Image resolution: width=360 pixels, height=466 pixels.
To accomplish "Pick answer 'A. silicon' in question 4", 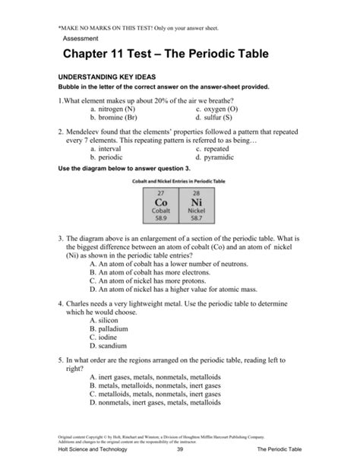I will [x=106, y=321].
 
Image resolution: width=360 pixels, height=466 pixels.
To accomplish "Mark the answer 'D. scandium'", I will [x=111, y=348].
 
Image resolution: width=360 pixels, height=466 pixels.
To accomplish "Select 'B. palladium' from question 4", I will [x=111, y=330].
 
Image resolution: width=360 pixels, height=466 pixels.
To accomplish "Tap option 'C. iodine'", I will [x=106, y=339].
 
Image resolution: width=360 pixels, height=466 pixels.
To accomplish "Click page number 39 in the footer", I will [x=180, y=455].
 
